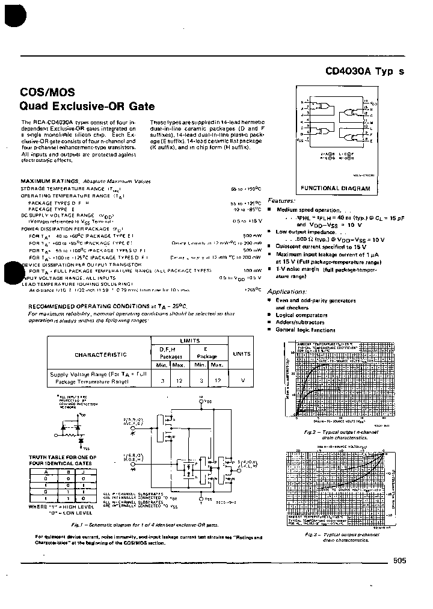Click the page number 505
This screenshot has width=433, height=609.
tap(400, 560)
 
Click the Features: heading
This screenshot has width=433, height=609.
tap(281, 200)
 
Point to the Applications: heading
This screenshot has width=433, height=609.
tap(287, 291)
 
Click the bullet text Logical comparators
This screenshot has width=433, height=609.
tap(301, 315)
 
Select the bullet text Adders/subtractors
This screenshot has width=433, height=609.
tap(300, 323)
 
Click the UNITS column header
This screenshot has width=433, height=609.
tap(242, 354)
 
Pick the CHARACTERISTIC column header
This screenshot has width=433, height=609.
tap(100, 355)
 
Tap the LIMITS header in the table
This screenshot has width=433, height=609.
tap(189, 341)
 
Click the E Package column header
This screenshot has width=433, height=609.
tap(207, 352)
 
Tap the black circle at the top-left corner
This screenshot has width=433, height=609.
tap(9, 15)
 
